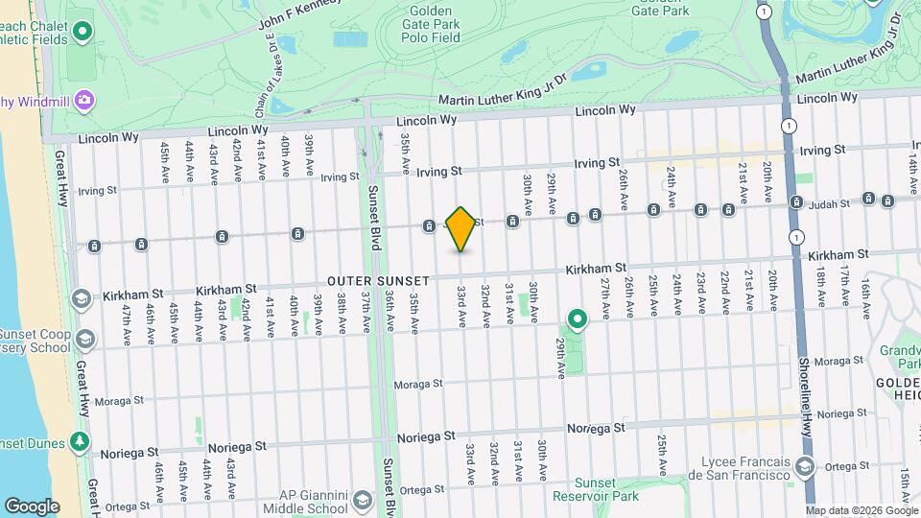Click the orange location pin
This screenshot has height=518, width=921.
coord(460,228)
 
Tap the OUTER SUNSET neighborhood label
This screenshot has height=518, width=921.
coord(379,280)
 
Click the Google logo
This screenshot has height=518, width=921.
coord(32,506)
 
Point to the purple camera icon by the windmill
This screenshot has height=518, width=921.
coord(84,99)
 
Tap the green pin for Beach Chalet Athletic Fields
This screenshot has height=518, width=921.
coord(83,31)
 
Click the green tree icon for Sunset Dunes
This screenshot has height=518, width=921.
coord(81,442)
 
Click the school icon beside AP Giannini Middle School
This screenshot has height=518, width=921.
coord(363,501)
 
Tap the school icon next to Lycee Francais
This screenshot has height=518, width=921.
coord(804,467)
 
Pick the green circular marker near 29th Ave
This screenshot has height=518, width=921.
coord(577,318)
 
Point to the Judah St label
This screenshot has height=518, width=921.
coord(831,203)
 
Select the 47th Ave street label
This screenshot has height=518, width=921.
coord(126,324)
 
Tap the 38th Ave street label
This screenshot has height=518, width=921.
coord(341,312)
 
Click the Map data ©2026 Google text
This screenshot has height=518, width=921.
coord(862,510)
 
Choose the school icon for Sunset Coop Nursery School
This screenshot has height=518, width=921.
coord(85,339)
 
